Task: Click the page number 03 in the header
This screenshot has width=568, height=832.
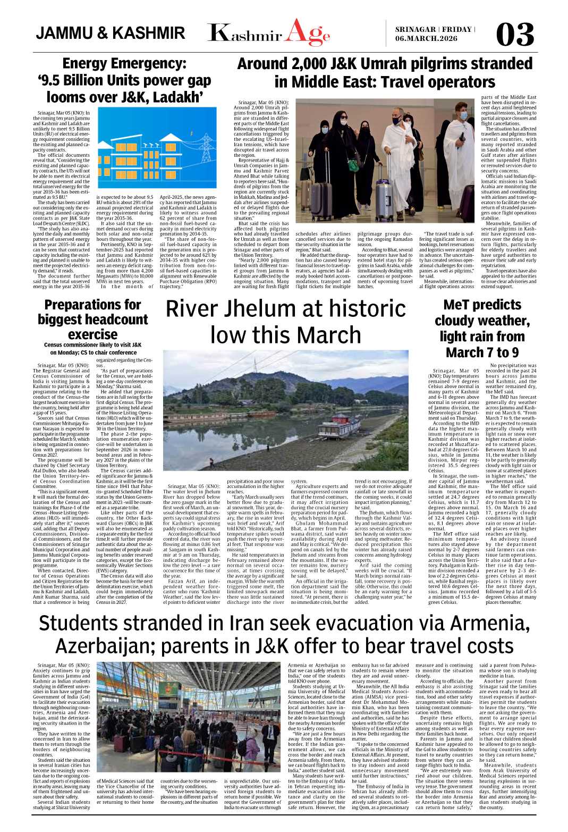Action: pyautogui.click(x=514, y=35)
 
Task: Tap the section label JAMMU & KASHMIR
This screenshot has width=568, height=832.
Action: pyautogui.click(x=111, y=33)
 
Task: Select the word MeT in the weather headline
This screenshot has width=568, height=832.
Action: pyautogui.click(x=459, y=305)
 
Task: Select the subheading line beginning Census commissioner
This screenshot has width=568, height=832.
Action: pyautogui.click(x=92, y=344)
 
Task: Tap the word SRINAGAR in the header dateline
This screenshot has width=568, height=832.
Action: pyautogui.click(x=416, y=29)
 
